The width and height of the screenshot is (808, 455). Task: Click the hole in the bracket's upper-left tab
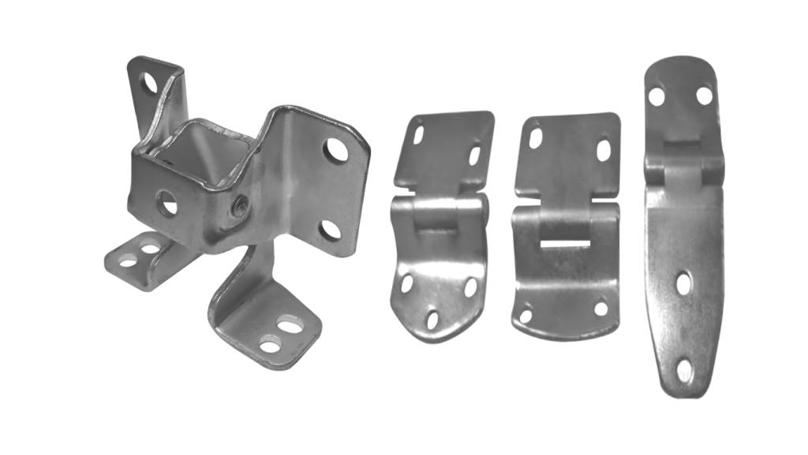coord(149,82)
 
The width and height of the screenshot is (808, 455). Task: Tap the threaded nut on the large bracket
coord(240,207)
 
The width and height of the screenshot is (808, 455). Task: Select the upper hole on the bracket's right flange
coord(335,149)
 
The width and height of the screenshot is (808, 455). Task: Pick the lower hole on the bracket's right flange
coord(330,230)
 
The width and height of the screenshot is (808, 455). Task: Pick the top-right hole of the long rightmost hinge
coord(704,96)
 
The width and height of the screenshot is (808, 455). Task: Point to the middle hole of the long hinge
coord(683,284)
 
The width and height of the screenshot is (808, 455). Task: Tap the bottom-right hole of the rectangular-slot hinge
coord(601,308)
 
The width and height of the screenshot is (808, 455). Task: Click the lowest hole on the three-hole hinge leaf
coord(432,318)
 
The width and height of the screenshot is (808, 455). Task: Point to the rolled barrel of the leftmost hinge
coord(440,214)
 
